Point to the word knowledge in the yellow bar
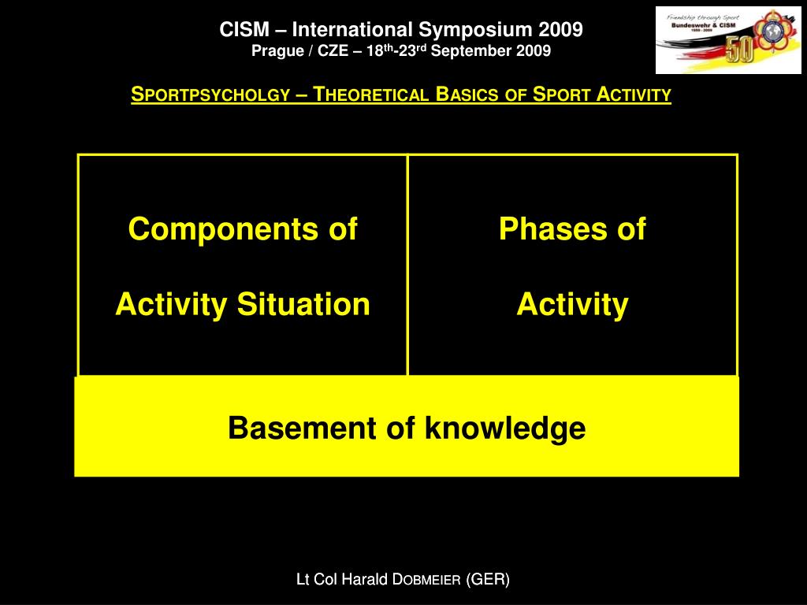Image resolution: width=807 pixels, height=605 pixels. point(505,429)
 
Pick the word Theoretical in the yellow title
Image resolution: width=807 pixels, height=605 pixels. point(370,95)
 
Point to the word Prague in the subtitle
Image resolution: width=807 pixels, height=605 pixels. point(272,51)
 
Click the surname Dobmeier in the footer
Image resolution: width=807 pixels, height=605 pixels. point(427,580)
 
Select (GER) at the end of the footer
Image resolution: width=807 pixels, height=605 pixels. point(488,580)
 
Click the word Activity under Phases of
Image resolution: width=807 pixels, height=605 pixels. point(572,304)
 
